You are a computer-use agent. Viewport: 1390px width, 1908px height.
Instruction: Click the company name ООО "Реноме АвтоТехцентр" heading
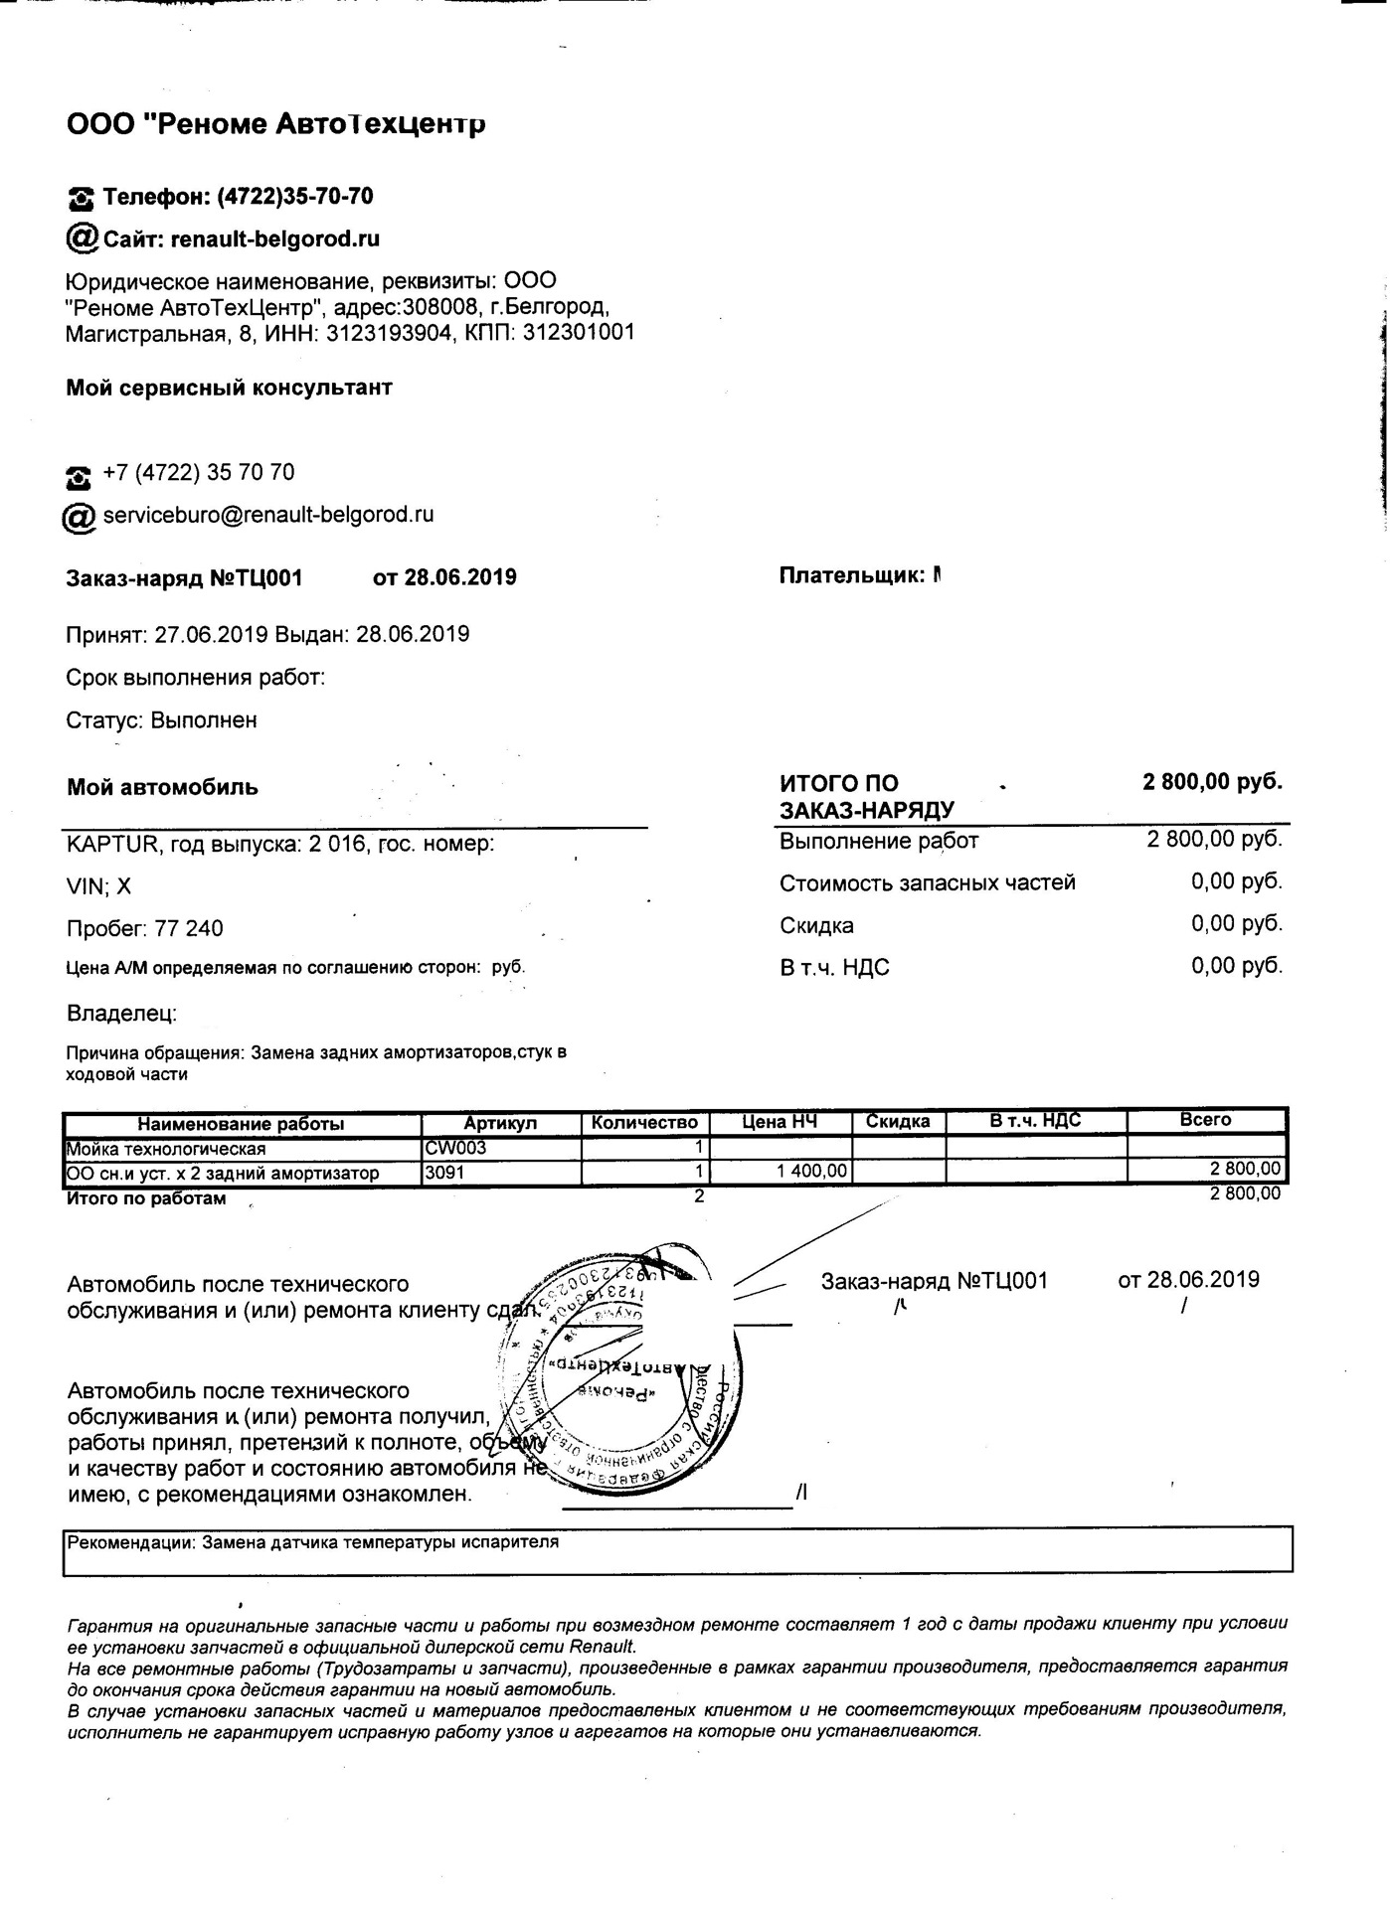[275, 124]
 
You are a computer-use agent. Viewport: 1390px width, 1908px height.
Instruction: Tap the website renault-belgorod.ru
[275, 239]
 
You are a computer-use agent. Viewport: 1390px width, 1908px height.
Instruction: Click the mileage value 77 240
[189, 928]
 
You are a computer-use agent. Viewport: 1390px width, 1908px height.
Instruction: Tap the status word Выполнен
[204, 719]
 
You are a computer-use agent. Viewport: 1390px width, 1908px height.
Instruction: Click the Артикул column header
[500, 1123]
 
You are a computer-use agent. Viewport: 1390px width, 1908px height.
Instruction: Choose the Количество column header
[644, 1123]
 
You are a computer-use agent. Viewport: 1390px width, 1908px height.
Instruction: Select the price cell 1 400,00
[811, 1173]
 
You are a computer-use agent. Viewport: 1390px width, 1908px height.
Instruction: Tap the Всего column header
[1205, 1120]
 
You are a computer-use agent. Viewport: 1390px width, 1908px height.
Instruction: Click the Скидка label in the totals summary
[816, 925]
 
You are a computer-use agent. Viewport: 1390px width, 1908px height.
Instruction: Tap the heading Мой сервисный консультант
[229, 388]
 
